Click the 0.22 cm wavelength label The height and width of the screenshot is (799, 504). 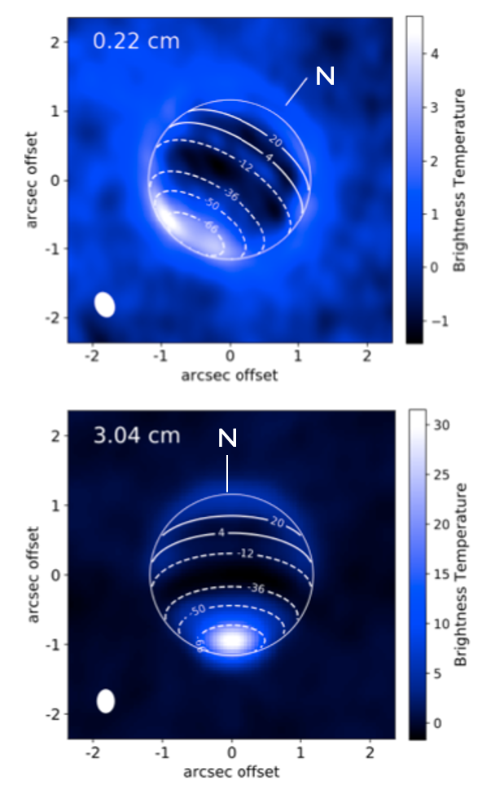tap(136, 41)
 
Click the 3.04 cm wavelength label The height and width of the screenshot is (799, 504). tap(136, 435)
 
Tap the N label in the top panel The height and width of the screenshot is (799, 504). tap(325, 77)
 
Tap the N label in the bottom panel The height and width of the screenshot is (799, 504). tap(228, 439)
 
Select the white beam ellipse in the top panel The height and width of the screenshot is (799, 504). tap(104, 304)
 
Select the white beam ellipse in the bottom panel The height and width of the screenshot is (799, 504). tap(106, 700)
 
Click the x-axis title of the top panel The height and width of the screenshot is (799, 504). tap(230, 375)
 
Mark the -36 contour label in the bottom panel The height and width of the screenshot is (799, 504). tap(257, 588)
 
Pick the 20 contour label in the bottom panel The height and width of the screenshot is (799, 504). tap(277, 523)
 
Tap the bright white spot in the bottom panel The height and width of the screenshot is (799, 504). tap(233, 639)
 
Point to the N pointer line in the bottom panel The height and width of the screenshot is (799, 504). tap(228, 472)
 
